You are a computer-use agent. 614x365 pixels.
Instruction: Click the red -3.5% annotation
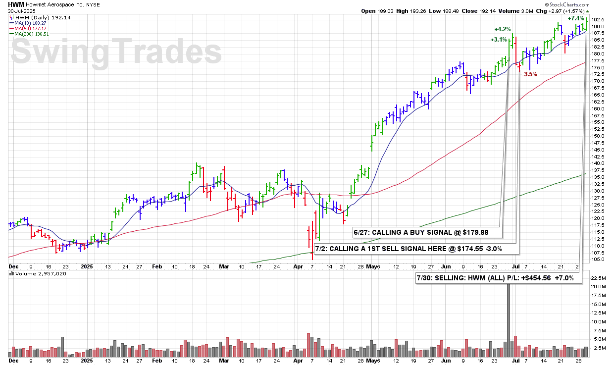(x=530, y=74)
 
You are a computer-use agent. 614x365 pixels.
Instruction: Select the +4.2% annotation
(x=502, y=29)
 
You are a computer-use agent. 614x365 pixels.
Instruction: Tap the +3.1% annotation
(x=499, y=40)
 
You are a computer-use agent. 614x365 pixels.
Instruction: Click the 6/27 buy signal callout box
(x=427, y=232)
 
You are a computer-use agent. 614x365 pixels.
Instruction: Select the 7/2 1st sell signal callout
(x=415, y=248)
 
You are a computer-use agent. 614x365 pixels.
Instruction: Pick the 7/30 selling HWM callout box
(x=498, y=278)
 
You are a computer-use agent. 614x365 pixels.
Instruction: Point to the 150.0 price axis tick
(x=598, y=136)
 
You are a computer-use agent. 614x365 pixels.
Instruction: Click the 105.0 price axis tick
(x=598, y=259)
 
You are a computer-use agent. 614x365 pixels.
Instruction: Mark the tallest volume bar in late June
(x=508, y=317)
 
